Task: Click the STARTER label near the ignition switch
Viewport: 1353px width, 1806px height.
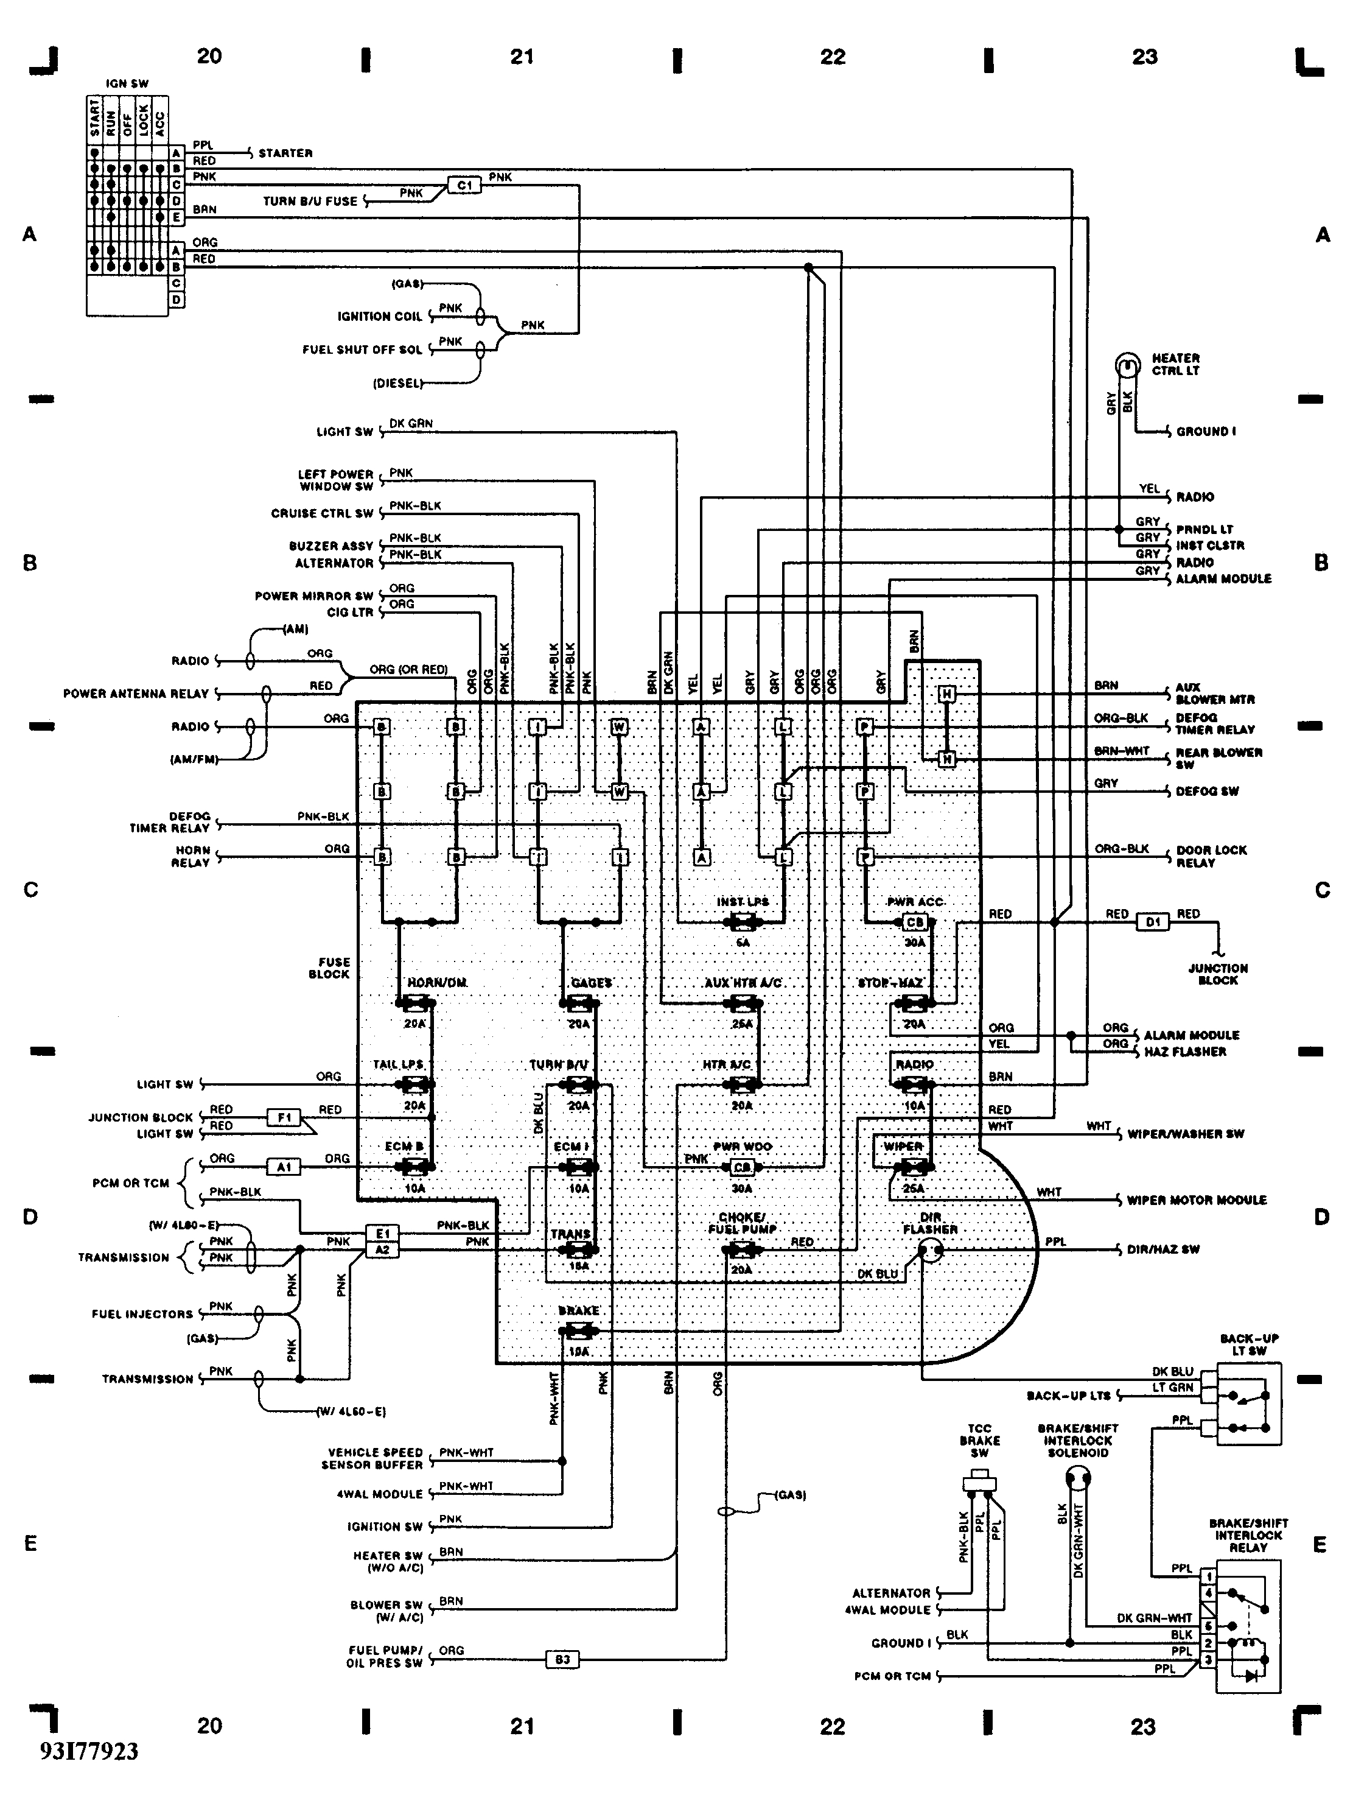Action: pos(285,153)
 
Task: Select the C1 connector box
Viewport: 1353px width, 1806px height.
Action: pos(464,185)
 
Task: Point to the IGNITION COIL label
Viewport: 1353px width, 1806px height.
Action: pos(379,317)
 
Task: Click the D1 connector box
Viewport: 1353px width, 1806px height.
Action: pos(1152,922)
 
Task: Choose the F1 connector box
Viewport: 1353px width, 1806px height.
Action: pos(284,1117)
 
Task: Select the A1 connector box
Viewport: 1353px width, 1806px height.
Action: pos(284,1167)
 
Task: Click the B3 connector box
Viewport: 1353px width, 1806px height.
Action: pos(562,1659)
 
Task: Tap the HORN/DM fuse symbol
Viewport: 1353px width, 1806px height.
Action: pos(415,1003)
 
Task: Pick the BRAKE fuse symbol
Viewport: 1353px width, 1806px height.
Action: pos(579,1332)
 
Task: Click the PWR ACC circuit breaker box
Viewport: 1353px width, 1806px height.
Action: pos(915,922)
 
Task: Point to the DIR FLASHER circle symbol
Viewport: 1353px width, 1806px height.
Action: pos(929,1250)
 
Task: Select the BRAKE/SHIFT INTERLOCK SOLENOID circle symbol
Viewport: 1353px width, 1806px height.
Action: pos(1078,1478)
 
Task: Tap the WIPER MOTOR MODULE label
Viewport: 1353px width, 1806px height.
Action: pos(1197,1200)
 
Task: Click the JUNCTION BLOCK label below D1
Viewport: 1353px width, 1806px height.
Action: pos(1217,974)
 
